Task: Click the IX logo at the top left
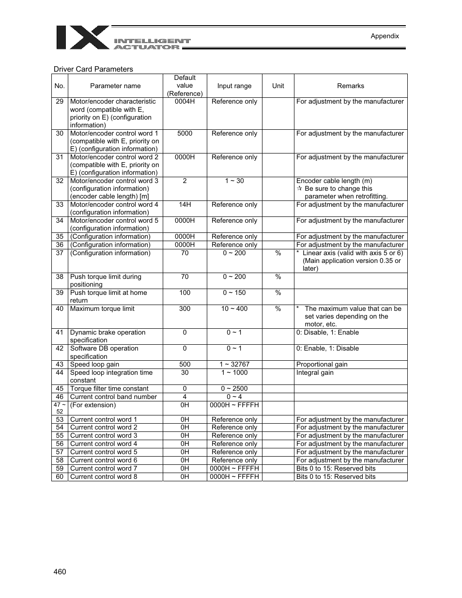tap(83, 37)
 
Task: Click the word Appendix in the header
tap(385, 36)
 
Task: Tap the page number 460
tap(60, 571)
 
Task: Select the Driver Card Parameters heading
tap(93, 69)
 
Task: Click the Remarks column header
tap(350, 86)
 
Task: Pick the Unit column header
tap(278, 86)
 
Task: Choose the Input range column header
tap(234, 86)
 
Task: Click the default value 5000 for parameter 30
tap(185, 133)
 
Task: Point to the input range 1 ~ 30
tap(234, 181)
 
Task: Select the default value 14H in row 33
tap(185, 204)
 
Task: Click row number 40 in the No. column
tap(60, 308)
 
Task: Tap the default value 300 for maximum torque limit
tap(185, 308)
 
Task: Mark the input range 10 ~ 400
tap(234, 308)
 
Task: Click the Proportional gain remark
tap(322, 364)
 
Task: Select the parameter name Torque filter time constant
tap(109, 388)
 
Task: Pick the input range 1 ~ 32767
tap(234, 364)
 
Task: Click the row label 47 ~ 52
tap(60, 408)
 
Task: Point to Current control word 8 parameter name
tap(103, 476)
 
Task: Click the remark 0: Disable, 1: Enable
tap(327, 332)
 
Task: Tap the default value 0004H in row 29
tap(185, 101)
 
